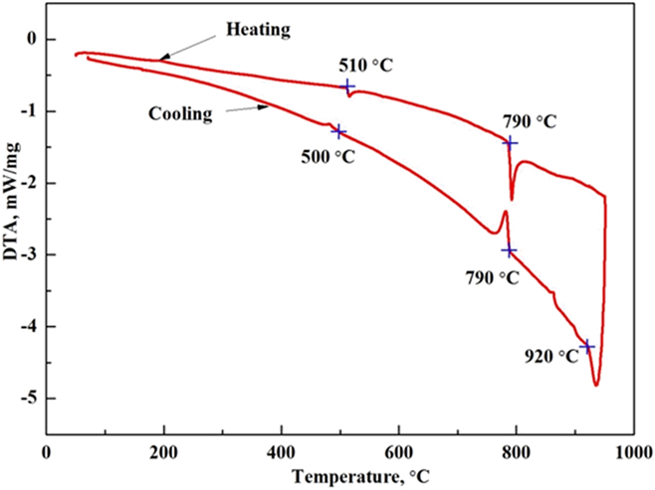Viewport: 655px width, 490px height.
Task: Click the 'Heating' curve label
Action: [x=257, y=30]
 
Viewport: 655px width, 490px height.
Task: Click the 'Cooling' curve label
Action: [x=181, y=113]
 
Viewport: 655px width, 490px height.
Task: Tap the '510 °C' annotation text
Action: [x=363, y=66]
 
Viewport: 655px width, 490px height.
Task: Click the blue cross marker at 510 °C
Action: [x=348, y=86]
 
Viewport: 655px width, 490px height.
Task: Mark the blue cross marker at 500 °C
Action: [x=338, y=131]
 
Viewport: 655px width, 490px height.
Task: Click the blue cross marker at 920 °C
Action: [x=587, y=346]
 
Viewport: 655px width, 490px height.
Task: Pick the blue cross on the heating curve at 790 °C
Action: [x=510, y=142]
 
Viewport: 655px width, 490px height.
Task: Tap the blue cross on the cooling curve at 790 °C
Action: [x=510, y=250]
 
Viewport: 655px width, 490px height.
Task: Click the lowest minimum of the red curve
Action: [x=596, y=385]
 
